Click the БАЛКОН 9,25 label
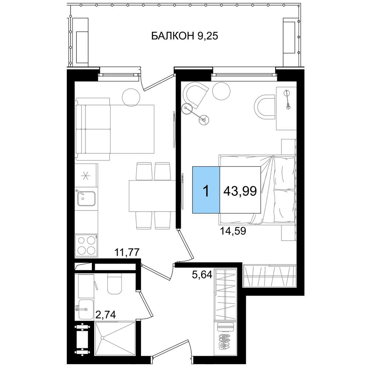pos(184,36)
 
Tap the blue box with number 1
pos(206,190)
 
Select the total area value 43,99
pos(240,191)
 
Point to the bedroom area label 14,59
pos(233,231)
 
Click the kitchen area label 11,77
pos(127,252)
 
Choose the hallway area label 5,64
pos(202,275)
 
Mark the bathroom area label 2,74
pos(106,314)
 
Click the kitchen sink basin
pos(86,198)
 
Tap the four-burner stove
pos(86,245)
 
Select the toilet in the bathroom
pos(115,283)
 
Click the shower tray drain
pos(102,338)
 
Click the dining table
pos(152,196)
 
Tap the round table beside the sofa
pos(131,97)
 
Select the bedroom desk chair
pos(265,107)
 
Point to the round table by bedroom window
pos(221,91)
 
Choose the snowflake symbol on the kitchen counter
pos(86,176)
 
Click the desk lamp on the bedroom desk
pos(287,100)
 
